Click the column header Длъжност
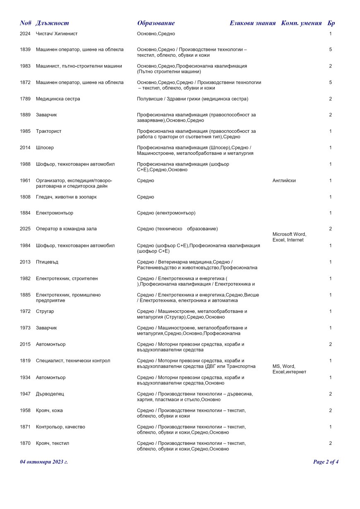[52, 23]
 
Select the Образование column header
[156, 23]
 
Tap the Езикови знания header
[252, 23]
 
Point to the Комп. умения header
[301, 23]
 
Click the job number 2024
[25, 34]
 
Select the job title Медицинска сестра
[58, 99]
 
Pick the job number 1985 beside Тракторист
[25, 131]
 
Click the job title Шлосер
[45, 148]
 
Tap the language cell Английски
[284, 180]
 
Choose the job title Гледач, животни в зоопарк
[66, 197]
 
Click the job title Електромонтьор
[55, 213]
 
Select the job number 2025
[25, 229]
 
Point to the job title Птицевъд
[48, 262]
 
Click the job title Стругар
[45, 311]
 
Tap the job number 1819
[25, 361]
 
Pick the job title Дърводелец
[50, 394]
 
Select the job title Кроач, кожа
[49, 411]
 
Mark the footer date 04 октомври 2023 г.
[44, 462]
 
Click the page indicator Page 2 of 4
[326, 462]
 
